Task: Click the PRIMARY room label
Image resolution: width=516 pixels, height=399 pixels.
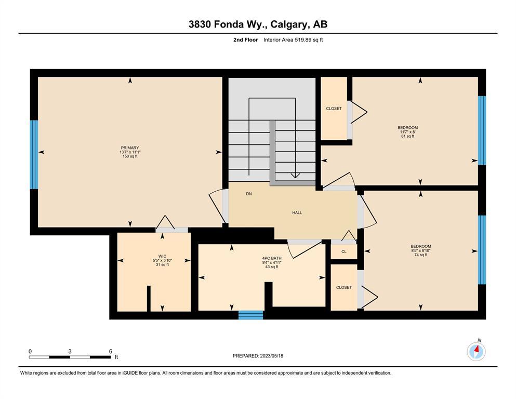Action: (130, 148)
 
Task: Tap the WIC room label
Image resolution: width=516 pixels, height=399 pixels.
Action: (162, 256)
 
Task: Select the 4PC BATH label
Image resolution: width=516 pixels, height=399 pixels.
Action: (272, 258)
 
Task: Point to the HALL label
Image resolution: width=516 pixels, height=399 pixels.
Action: (297, 212)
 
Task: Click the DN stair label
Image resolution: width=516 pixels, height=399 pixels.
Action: (249, 194)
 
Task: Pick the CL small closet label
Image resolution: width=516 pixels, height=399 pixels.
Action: (344, 251)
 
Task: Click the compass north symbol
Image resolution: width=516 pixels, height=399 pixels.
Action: (476, 351)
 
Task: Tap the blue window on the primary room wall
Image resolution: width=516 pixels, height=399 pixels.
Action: (34, 155)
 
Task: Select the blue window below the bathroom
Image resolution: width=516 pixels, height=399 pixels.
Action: (251, 315)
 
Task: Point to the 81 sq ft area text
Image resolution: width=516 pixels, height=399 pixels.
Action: (408, 136)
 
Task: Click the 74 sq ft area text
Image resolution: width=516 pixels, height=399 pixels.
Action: (421, 255)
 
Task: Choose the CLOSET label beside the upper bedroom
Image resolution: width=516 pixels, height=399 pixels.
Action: (334, 109)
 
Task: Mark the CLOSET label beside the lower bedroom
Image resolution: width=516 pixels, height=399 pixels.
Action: (344, 287)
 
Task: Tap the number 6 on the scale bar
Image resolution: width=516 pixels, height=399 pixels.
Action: (111, 351)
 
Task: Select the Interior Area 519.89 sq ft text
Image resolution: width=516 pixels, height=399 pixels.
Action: (293, 40)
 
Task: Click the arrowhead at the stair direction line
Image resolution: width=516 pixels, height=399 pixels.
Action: (295, 176)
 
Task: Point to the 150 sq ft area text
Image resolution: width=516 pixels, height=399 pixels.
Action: (130, 156)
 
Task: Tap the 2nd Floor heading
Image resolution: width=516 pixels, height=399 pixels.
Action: (245, 40)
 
